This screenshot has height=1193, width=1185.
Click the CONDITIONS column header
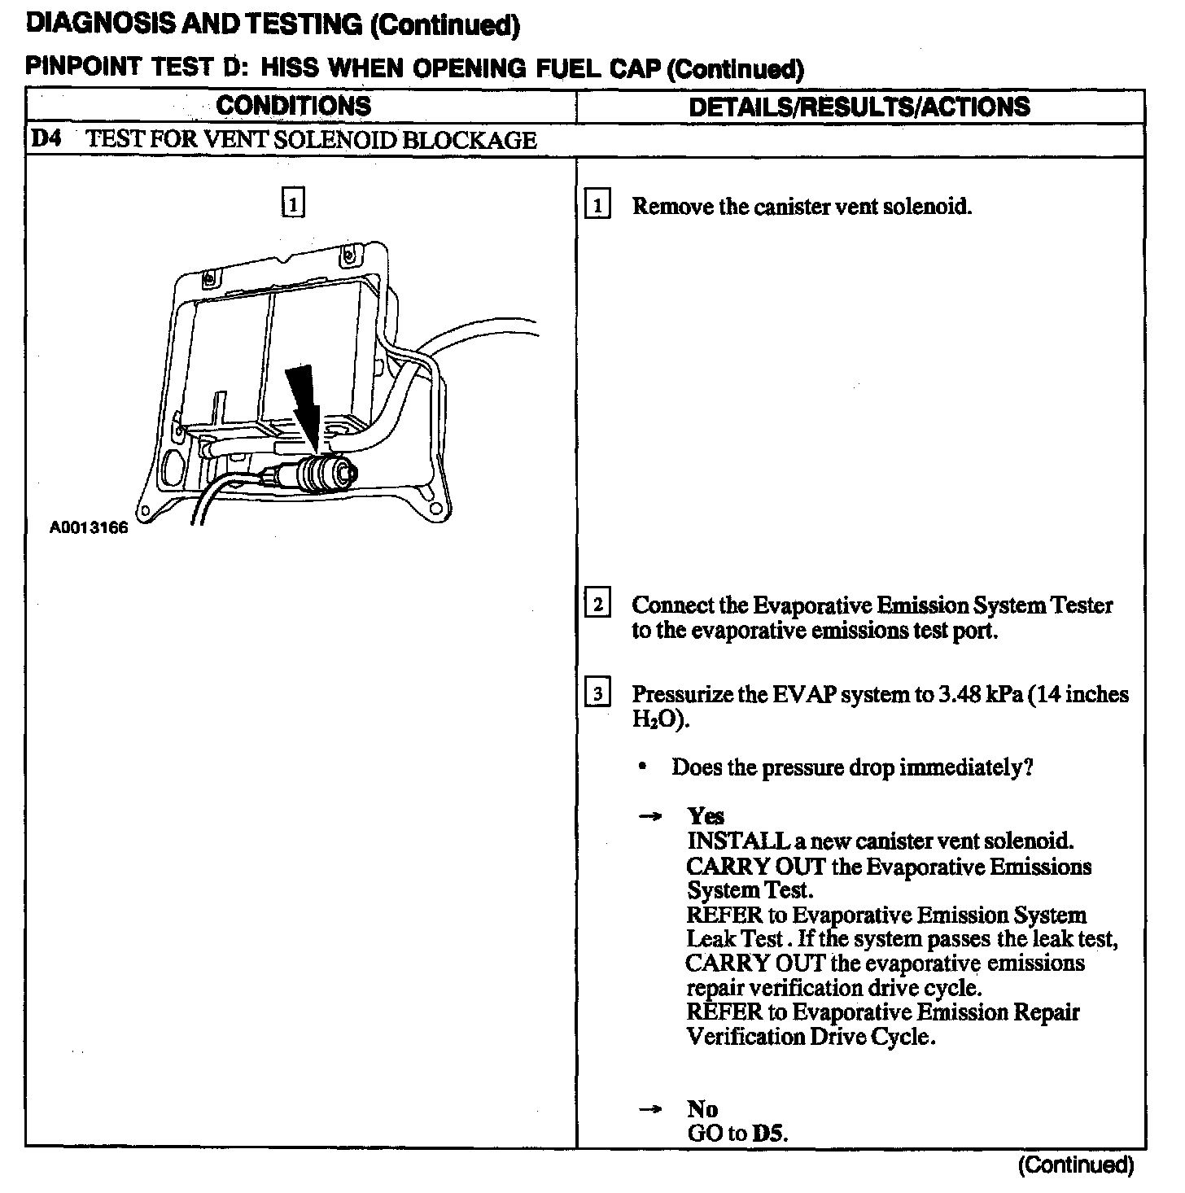(x=293, y=106)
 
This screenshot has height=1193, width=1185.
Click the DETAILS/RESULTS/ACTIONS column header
(x=859, y=107)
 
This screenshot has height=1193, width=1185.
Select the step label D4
(x=46, y=139)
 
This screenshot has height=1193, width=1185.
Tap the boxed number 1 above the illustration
(x=293, y=202)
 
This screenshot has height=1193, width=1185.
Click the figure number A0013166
(x=89, y=528)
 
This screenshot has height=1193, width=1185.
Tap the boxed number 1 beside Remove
(x=597, y=206)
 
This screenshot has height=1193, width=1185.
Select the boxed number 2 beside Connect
(x=597, y=605)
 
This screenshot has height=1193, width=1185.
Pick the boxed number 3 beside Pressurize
(x=597, y=694)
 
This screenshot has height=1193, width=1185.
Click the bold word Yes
(x=706, y=815)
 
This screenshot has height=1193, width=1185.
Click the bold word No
(x=702, y=1108)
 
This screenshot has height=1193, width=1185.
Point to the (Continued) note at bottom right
(x=1075, y=1165)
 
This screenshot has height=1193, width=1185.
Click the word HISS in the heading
(x=289, y=68)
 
